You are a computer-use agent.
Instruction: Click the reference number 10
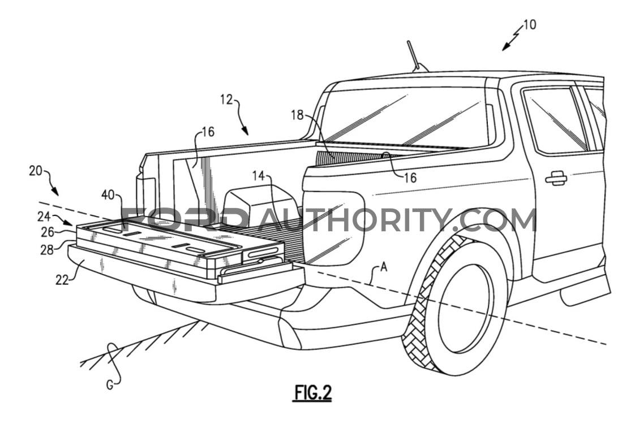click(x=529, y=25)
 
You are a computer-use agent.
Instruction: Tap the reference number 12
click(x=227, y=99)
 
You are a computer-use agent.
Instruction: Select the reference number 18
click(x=297, y=115)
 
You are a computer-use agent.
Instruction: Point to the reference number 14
click(x=258, y=176)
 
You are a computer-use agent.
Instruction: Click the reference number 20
click(x=36, y=171)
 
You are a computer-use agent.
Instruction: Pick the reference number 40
click(x=108, y=195)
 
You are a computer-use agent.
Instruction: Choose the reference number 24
click(x=44, y=217)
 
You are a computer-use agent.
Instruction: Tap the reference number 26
click(x=48, y=232)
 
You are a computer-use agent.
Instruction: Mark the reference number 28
click(x=47, y=250)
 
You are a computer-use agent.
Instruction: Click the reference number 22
click(x=62, y=279)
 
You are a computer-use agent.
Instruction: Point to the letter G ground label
click(x=110, y=386)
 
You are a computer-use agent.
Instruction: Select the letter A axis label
click(x=384, y=267)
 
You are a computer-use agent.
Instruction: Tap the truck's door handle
click(x=556, y=178)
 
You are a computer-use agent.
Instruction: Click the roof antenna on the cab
click(x=415, y=57)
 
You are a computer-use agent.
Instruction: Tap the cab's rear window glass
click(x=405, y=117)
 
